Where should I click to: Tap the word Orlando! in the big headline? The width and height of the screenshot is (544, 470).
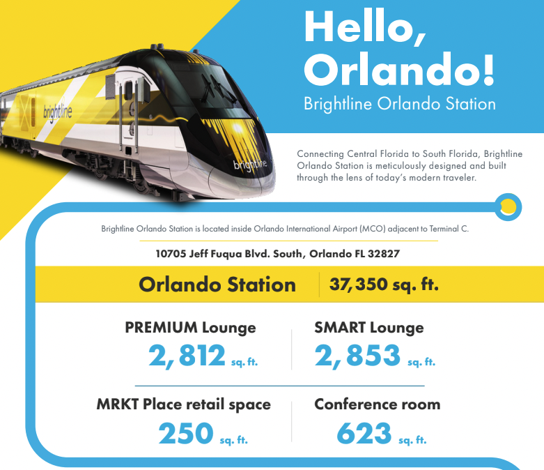pos(399,69)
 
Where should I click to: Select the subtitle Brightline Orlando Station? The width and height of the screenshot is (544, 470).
pos(400,104)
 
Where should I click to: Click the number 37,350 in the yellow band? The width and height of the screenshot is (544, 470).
pos(358,284)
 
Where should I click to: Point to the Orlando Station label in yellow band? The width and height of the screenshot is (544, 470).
pos(217,285)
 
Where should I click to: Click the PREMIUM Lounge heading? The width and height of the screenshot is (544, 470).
pos(190,328)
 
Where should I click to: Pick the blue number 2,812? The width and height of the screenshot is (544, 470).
pos(187,356)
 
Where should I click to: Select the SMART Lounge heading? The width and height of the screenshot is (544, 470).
pos(368,328)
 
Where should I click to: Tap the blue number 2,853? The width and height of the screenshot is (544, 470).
pos(357,356)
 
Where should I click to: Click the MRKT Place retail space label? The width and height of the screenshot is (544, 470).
pos(183,404)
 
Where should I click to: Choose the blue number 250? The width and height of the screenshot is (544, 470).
pos(185,433)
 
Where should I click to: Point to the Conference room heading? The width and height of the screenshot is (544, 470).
pos(377,404)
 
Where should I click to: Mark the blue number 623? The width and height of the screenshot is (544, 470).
pos(364,433)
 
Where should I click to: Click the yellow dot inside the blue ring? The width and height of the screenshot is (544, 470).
pos(508,207)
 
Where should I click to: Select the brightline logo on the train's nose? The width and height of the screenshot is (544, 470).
pos(250,165)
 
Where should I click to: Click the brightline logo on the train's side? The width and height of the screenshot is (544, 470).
pos(58,112)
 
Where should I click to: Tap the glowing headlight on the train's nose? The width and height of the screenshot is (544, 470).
pos(238,128)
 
